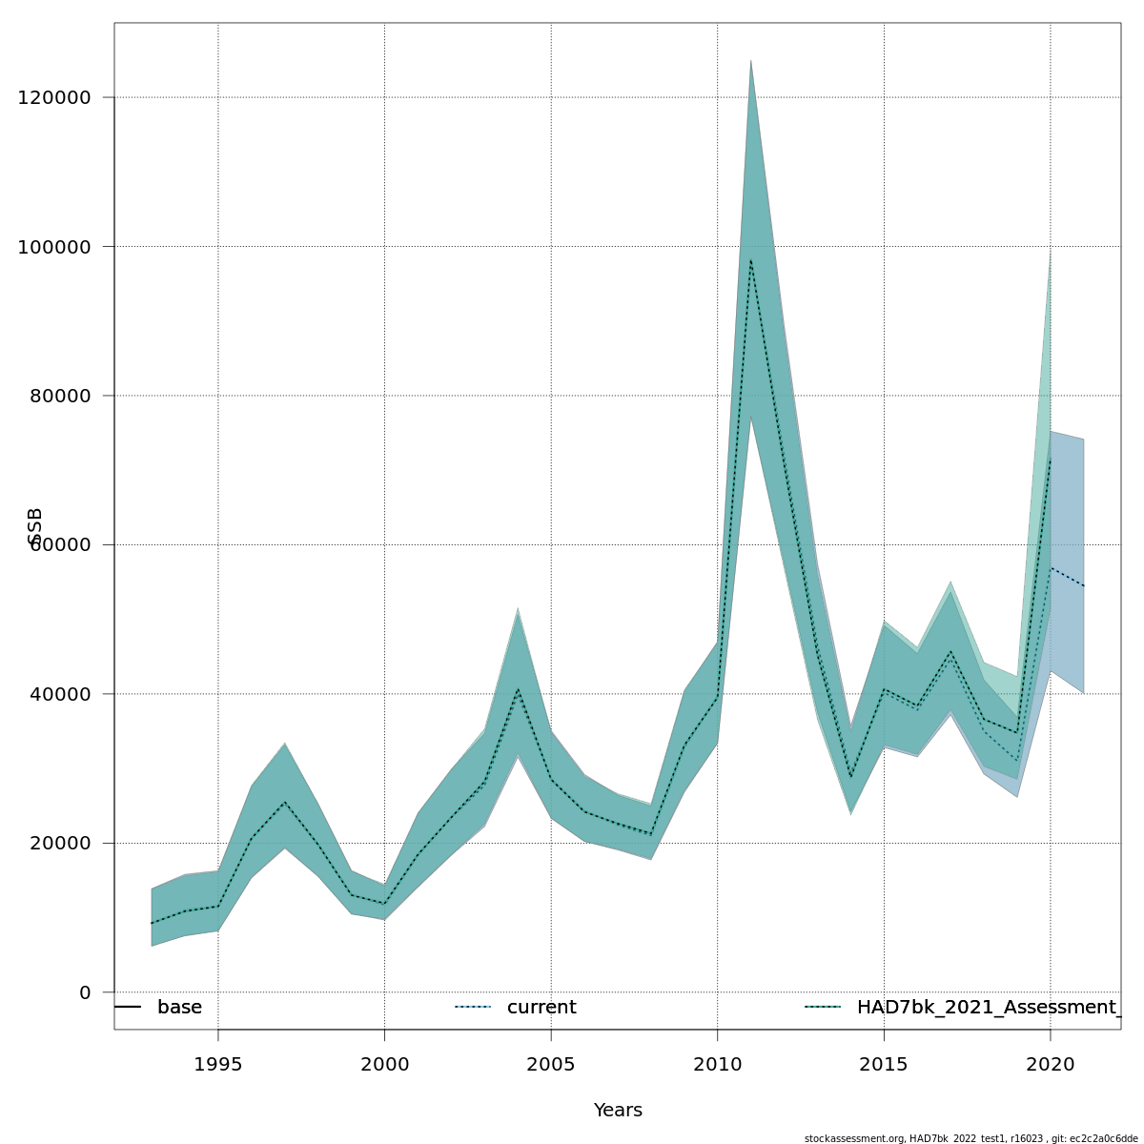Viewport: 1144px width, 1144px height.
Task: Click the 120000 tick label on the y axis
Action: click(x=54, y=98)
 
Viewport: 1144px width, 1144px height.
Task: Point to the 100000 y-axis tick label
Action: click(x=54, y=247)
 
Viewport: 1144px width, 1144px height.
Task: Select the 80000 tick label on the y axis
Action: click(x=60, y=396)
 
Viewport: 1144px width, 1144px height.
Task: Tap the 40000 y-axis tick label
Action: click(x=60, y=694)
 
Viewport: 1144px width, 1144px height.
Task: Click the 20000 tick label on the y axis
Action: click(x=60, y=844)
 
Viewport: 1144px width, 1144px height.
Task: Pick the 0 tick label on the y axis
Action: click(x=85, y=992)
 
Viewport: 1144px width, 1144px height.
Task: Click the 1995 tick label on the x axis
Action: click(x=218, y=1064)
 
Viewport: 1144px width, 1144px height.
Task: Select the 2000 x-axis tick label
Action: click(x=384, y=1064)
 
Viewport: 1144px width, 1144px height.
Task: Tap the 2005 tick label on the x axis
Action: click(x=551, y=1064)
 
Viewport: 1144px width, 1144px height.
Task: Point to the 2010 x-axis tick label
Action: click(x=717, y=1064)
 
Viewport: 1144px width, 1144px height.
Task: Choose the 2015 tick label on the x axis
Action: click(x=884, y=1064)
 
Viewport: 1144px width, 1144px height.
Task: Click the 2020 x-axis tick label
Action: click(x=1050, y=1064)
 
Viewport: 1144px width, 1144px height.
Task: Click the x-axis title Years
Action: click(x=618, y=1111)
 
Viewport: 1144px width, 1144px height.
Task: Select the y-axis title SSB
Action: click(x=35, y=526)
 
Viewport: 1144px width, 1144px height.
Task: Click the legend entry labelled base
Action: click(x=179, y=1008)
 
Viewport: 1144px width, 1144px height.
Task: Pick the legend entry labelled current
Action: click(x=541, y=1008)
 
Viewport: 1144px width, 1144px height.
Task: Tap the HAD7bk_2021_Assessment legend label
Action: click(x=986, y=1008)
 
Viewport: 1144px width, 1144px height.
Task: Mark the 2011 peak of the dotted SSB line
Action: click(x=750, y=259)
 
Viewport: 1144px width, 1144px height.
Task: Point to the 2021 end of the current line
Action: click(x=1083, y=585)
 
